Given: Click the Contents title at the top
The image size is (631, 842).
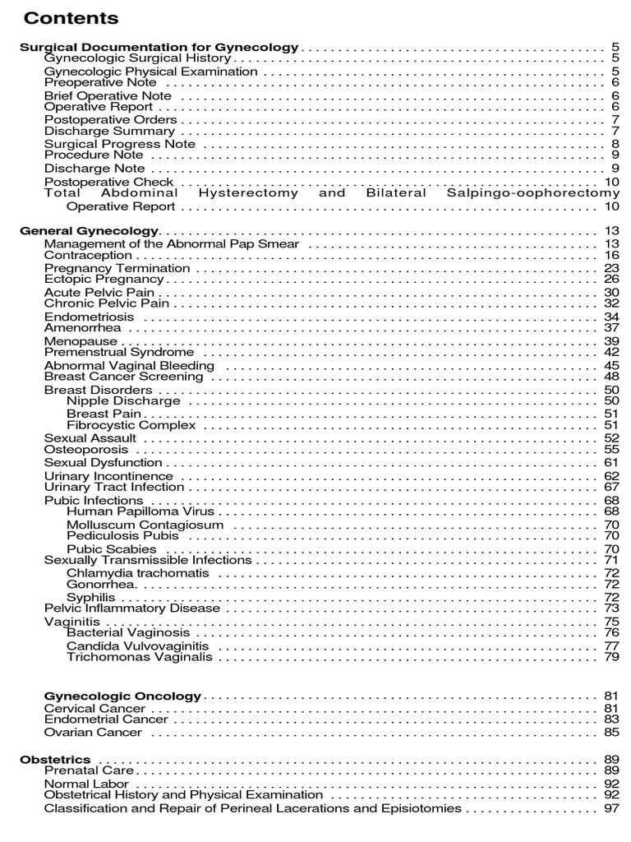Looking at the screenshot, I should (x=71, y=18).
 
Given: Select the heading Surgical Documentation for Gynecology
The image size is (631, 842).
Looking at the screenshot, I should (x=159, y=48).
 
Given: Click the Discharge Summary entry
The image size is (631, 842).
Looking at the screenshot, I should (x=109, y=131).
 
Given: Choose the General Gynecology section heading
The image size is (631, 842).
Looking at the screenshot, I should (x=89, y=231).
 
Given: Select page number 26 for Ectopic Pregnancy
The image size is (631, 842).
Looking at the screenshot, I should (x=610, y=280).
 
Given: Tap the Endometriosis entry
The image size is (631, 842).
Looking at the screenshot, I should (x=89, y=317).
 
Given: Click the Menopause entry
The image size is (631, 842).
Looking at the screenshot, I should (x=81, y=340).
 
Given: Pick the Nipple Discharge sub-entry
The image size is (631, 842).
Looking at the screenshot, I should (x=123, y=401).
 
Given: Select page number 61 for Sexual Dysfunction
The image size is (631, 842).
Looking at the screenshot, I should (x=610, y=463).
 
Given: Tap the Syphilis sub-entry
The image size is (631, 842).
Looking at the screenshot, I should (x=90, y=597).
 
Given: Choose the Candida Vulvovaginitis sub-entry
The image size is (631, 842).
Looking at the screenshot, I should (x=137, y=645).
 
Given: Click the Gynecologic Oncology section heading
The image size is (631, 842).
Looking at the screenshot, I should (x=122, y=696).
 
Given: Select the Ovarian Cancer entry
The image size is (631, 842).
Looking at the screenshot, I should (x=93, y=732).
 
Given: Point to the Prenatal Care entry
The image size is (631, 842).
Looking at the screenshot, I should (x=89, y=770).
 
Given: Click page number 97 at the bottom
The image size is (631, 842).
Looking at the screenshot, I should (x=610, y=808).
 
